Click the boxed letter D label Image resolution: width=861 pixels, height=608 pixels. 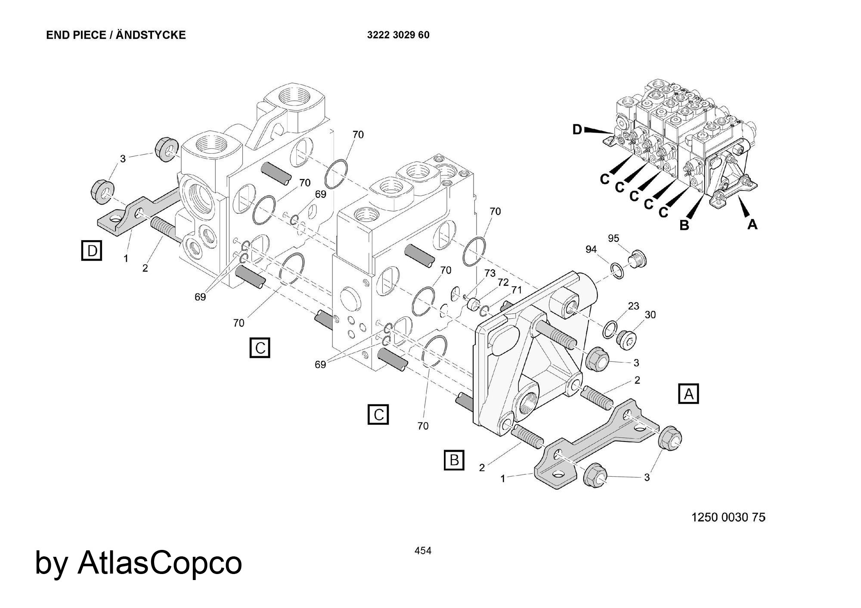92,250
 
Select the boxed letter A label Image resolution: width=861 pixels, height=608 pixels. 688,394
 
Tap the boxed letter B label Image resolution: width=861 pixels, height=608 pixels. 454,460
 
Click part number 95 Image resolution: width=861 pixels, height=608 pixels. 613,238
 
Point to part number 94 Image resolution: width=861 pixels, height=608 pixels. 591,249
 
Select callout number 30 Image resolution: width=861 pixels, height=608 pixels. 650,315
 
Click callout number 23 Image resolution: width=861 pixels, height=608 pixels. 633,306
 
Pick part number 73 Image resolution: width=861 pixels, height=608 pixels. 490,273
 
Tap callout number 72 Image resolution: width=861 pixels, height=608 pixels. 503,282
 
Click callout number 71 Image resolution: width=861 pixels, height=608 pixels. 516,290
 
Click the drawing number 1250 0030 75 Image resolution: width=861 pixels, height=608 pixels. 728,517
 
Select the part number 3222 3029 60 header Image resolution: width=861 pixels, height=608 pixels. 398,35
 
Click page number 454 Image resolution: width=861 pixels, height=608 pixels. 423,551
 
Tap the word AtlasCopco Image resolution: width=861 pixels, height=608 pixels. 160,563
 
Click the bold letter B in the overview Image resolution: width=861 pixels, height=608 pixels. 684,225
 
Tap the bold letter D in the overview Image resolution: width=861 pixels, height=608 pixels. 578,129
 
